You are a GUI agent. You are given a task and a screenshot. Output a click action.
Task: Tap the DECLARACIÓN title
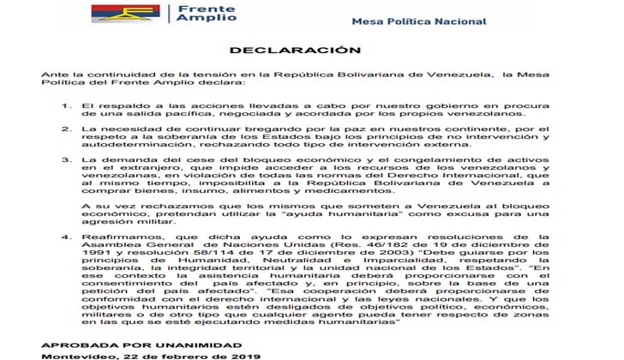click(311, 51)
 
